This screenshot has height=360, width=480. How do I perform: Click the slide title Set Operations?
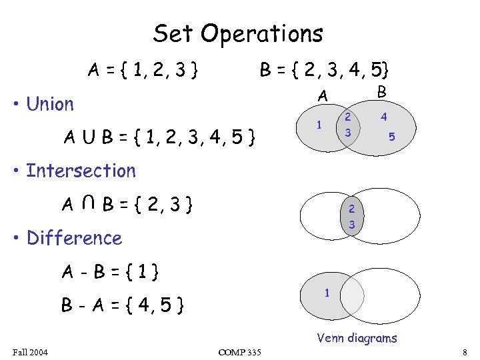[238, 33]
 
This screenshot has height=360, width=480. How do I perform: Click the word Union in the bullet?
[50, 104]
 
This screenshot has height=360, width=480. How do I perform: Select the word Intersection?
[81, 171]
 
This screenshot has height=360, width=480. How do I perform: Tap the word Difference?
[74, 238]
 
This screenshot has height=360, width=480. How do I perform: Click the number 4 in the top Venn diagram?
[384, 117]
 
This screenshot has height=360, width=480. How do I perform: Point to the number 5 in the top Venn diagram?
[392, 137]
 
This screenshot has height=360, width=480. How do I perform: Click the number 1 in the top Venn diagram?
[320, 125]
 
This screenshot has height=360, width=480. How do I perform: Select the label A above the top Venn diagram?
[323, 97]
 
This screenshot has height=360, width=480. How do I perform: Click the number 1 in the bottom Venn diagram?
[327, 293]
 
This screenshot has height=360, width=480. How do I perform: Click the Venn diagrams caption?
[357, 338]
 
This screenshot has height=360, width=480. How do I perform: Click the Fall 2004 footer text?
[31, 351]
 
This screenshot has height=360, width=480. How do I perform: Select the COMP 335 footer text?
[239, 352]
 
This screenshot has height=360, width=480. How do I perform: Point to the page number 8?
[464, 351]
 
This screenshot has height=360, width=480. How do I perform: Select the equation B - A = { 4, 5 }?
[123, 306]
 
